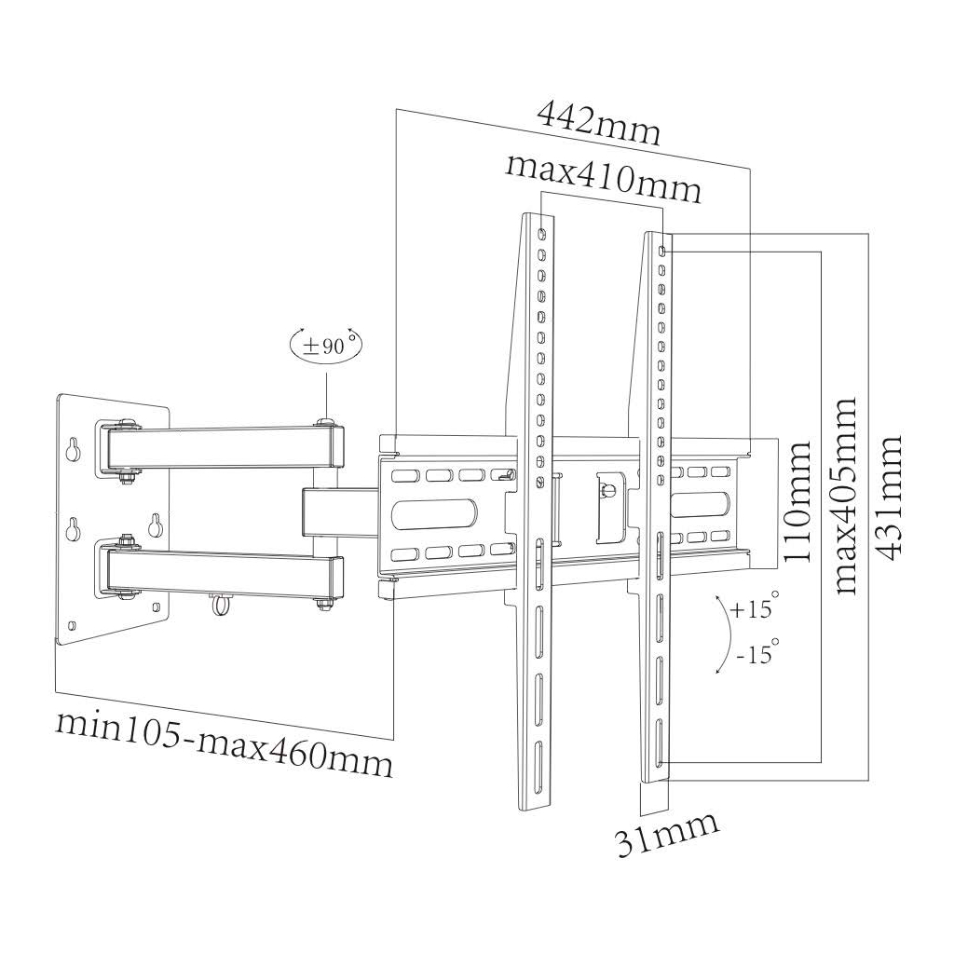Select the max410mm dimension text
tap(603, 178)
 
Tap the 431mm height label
tap(891, 497)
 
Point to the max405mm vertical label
tap(845, 496)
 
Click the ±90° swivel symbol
tap(325, 345)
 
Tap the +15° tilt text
tap(754, 610)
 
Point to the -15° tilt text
tap(754, 654)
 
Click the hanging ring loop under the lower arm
tap(221, 606)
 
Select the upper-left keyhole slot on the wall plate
tap(73, 449)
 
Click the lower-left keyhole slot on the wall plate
tap(73, 529)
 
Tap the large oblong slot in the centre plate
tap(437, 514)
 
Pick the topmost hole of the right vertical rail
tap(661, 251)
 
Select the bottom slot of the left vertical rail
tap(539, 756)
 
